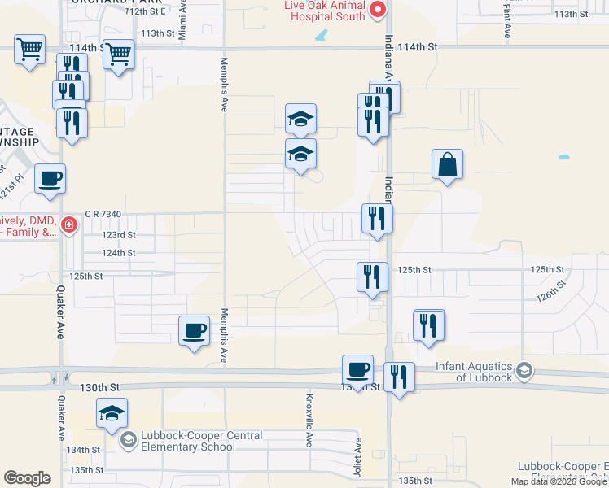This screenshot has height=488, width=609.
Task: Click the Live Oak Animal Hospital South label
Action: pyautogui.click(x=322, y=11)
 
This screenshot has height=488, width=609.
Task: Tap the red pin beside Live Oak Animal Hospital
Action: pyautogui.click(x=378, y=10)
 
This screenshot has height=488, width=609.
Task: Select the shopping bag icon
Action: pyautogui.click(x=448, y=165)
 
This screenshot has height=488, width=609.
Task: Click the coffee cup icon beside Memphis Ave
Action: pyautogui.click(x=194, y=332)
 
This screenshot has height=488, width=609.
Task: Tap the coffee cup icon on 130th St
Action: pyautogui.click(x=357, y=370)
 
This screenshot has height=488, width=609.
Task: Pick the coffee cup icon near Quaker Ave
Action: pyautogui.click(x=50, y=179)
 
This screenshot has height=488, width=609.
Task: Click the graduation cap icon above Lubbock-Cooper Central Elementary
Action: pyautogui.click(x=112, y=413)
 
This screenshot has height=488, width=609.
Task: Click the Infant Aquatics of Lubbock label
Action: pyautogui.click(x=473, y=372)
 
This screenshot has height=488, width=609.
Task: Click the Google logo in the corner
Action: pyautogui.click(x=27, y=478)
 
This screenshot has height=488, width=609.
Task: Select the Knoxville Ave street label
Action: pyautogui.click(x=309, y=424)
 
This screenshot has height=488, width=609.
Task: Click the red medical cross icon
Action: pyautogui.click(x=69, y=224)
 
